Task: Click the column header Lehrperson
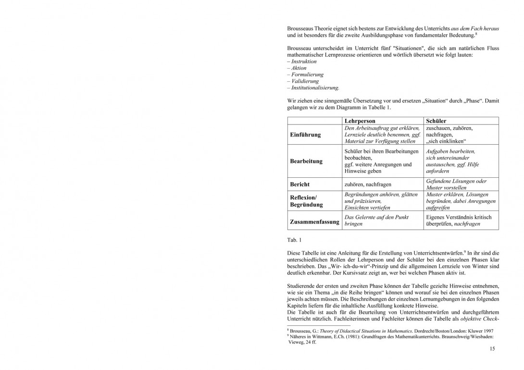pyautogui.click(x=360, y=121)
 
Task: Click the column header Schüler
pyautogui.click(x=436, y=121)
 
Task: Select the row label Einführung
pyautogui.click(x=305, y=135)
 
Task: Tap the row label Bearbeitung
pyautogui.click(x=306, y=161)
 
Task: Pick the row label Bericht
pyautogui.click(x=300, y=185)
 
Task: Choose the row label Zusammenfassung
pyautogui.click(x=314, y=222)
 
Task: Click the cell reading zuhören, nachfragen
pyautogui.click(x=368, y=185)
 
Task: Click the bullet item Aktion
pyautogui.click(x=299, y=68)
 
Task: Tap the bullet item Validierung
pyautogui.click(x=304, y=81)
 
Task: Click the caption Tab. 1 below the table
pyautogui.click(x=294, y=239)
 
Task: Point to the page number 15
pyautogui.click(x=492, y=349)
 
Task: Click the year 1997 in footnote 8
pyautogui.click(x=487, y=332)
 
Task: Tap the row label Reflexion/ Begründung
pyautogui.click(x=307, y=201)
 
